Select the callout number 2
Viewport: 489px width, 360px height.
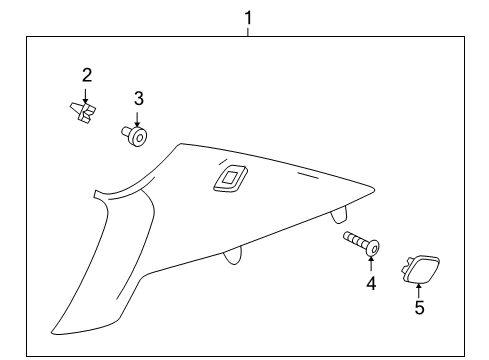point(87,75)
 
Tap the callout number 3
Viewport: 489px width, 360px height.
point(139,98)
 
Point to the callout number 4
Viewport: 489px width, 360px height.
point(370,283)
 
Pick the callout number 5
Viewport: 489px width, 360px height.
point(419,308)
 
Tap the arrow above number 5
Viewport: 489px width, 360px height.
point(419,289)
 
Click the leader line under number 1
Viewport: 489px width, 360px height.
point(248,30)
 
